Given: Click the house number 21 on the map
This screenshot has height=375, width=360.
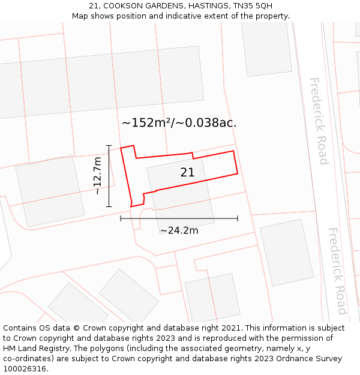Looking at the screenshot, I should tap(187, 173).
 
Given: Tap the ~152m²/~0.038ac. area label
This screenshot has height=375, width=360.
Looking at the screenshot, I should tap(179, 123).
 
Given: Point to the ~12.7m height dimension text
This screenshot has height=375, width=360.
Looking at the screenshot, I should tap(98, 176).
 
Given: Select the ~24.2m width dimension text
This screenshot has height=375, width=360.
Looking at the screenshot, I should tap(179, 230).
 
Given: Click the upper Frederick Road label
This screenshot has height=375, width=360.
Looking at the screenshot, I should tap(318, 121).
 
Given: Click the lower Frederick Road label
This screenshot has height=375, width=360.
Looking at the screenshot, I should tap(337, 271).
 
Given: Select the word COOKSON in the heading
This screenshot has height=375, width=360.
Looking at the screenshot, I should tap(124, 5).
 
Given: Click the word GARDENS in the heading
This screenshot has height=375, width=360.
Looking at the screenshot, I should tap(161, 5).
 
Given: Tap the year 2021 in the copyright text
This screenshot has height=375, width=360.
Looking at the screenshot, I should tap(232, 328).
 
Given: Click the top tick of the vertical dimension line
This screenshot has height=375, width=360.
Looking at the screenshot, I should tap(109, 145).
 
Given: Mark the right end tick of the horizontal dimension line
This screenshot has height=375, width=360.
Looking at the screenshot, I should tap(238, 218).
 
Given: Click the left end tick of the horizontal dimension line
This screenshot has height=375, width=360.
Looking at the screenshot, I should tap(121, 218).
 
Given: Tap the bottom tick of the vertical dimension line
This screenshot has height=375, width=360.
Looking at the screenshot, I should tap(109, 207).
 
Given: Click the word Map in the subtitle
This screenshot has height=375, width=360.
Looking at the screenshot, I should tap(81, 16).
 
